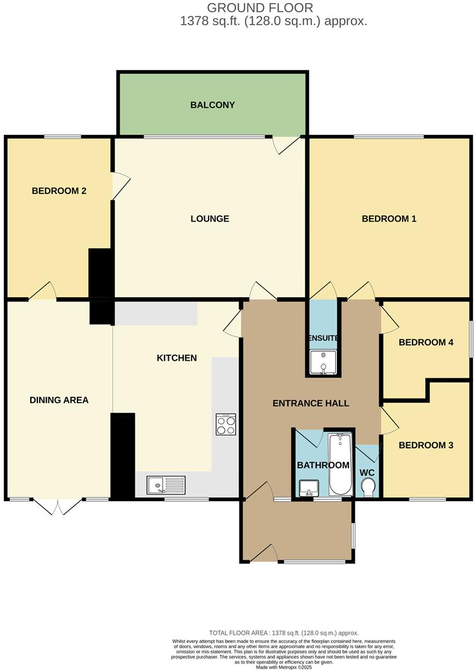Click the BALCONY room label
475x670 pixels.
click(x=212, y=105)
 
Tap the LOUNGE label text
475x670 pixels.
click(x=210, y=219)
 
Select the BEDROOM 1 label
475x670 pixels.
click(x=389, y=219)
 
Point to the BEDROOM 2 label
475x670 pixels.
click(x=59, y=191)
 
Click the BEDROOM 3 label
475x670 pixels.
click(x=426, y=445)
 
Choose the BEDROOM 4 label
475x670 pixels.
click(x=426, y=343)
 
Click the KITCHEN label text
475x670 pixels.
click(x=176, y=358)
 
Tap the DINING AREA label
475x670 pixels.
click(x=59, y=400)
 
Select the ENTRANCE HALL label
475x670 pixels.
click(x=311, y=403)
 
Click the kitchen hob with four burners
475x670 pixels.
click(x=226, y=424)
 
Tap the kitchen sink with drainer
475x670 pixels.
click(x=166, y=485)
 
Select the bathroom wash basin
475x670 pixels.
click(x=309, y=487)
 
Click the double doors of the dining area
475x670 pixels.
click(x=57, y=506)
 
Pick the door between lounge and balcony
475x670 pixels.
click(x=285, y=144)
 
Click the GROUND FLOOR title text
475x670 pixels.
click(x=260, y=8)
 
